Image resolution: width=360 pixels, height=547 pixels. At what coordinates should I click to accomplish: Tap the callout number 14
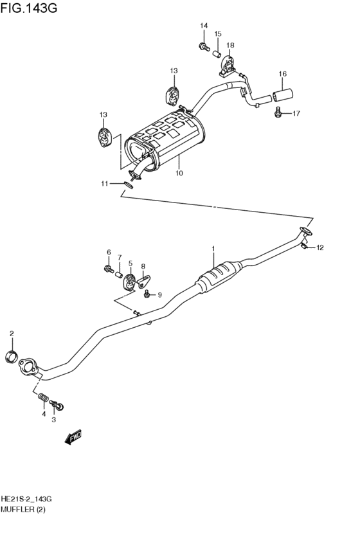(204, 26)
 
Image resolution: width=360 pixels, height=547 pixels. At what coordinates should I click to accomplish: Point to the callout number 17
(296, 114)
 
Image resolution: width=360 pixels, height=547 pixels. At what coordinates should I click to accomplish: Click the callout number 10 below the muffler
(179, 173)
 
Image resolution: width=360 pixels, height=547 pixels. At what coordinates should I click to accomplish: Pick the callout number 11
(104, 184)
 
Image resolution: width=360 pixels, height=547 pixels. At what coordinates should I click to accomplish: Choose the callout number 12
(320, 247)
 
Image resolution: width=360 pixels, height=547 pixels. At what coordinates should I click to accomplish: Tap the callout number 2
(12, 333)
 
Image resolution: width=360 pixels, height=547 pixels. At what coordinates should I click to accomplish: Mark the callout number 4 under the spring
(44, 414)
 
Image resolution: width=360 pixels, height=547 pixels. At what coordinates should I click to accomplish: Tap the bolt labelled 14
(204, 46)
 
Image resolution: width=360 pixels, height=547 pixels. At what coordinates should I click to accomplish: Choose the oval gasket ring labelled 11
(127, 185)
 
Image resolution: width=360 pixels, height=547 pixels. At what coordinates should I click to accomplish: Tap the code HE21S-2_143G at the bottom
(26, 499)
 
